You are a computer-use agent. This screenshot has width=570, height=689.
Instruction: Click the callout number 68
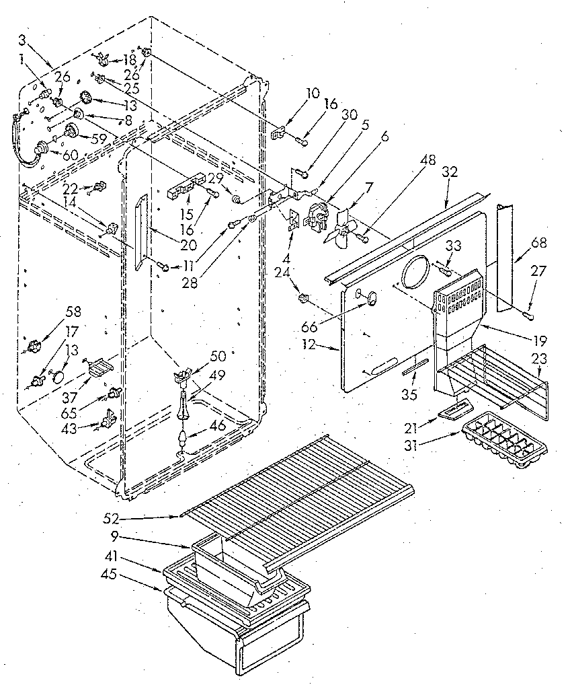point(538,243)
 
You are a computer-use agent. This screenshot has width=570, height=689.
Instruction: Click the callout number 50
point(218,355)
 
